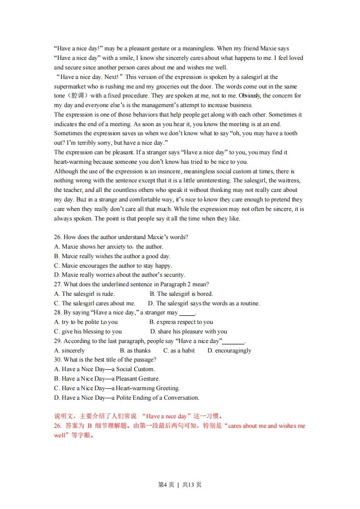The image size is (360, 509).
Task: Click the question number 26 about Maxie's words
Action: (58, 237)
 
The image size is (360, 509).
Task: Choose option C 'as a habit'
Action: (179, 351)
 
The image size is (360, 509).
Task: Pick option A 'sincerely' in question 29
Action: (69, 351)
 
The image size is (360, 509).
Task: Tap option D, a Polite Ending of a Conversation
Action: (127, 398)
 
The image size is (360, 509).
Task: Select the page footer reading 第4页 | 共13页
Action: (180, 485)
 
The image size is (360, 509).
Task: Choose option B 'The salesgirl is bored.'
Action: (181, 294)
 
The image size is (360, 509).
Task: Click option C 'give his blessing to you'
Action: (88, 332)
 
